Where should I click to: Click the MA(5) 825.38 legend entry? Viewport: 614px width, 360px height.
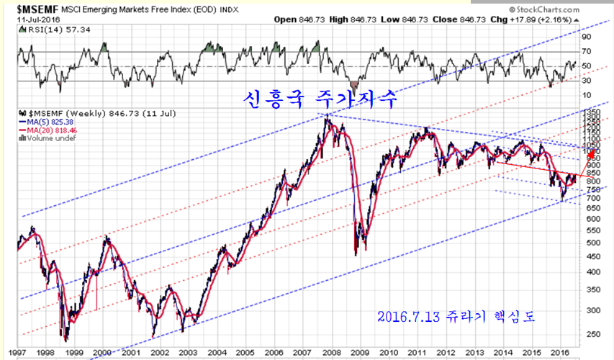58,122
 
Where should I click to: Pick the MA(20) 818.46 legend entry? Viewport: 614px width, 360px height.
59,130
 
